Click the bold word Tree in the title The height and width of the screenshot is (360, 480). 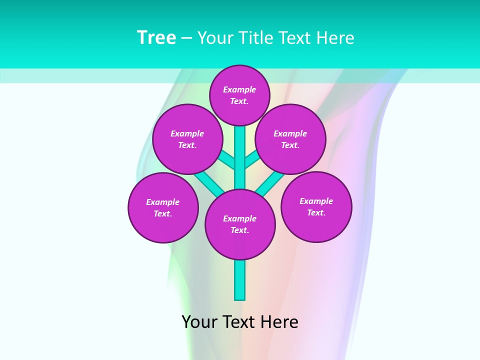click(156, 38)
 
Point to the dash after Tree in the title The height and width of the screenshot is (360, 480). click(186, 38)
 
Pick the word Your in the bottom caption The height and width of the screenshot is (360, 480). click(200, 322)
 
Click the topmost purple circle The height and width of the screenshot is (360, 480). click(239, 95)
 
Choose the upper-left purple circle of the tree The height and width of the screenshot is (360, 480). click(187, 139)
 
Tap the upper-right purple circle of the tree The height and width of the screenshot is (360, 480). click(290, 139)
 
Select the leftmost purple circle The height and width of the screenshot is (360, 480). click(163, 207)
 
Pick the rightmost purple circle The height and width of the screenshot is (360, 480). click(316, 206)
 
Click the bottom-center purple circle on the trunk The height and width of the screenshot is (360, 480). click(240, 224)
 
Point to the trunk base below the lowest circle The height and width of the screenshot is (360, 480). click(240, 280)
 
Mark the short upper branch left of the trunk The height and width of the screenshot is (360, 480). click(227, 159)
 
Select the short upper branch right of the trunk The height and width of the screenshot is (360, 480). click(251, 159)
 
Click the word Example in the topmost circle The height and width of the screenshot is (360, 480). click(239, 90)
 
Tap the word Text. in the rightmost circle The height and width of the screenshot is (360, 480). click(316, 212)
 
